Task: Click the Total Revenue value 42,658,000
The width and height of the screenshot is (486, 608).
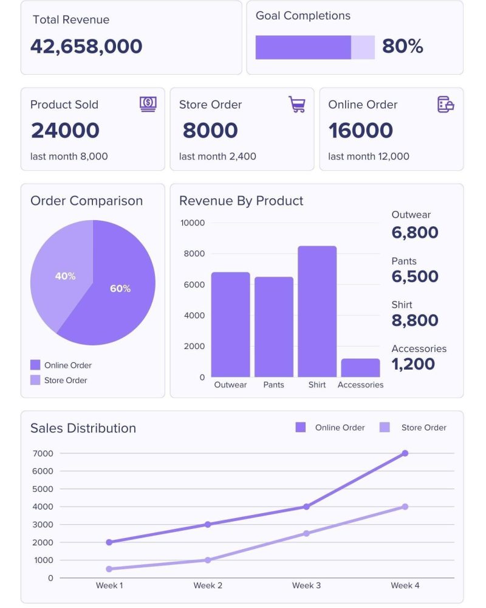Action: (x=86, y=46)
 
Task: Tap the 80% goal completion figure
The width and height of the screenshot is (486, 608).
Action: (x=402, y=46)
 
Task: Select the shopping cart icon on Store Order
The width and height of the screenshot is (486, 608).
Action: (x=296, y=105)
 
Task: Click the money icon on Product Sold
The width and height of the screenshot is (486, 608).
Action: (x=148, y=104)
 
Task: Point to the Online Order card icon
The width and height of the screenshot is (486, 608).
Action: (x=445, y=105)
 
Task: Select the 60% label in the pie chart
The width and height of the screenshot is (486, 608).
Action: (x=120, y=289)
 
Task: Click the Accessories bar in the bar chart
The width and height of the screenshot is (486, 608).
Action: (x=360, y=368)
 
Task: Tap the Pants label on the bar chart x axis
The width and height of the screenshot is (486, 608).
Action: (x=273, y=385)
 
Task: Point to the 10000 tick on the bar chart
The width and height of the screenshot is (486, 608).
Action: (x=193, y=223)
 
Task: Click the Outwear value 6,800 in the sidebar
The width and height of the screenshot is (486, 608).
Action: (x=415, y=232)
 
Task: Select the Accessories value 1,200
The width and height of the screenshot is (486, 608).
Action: (x=413, y=364)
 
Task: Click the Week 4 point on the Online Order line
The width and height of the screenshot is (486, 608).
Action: (x=405, y=454)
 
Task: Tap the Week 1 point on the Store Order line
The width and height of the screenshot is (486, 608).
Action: (x=109, y=569)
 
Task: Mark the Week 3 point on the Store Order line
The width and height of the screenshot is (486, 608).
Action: (x=306, y=533)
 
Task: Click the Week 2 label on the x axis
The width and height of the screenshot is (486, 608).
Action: (x=208, y=586)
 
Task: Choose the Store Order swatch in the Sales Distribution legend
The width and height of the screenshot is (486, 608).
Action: (x=385, y=427)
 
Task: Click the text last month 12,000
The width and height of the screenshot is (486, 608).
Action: (x=368, y=156)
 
